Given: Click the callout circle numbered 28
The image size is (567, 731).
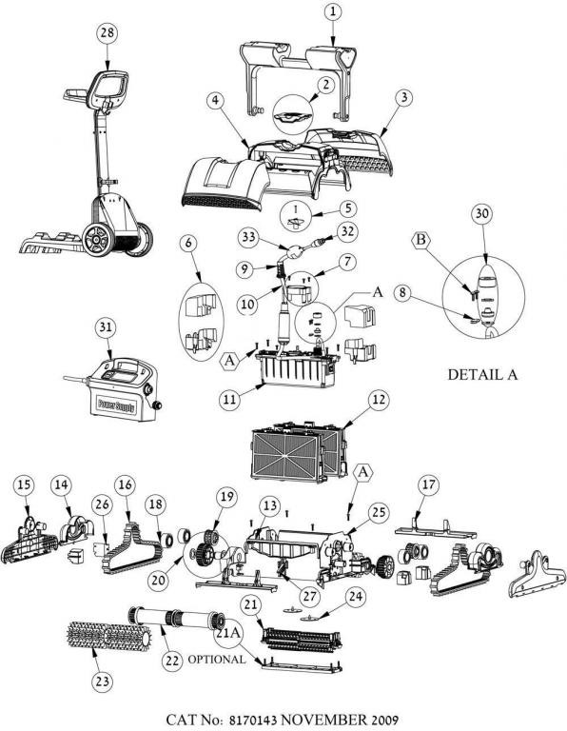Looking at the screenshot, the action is [108, 33].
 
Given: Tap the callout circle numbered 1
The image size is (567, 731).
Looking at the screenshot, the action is [332, 12].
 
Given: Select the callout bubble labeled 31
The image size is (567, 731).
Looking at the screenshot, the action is [106, 327].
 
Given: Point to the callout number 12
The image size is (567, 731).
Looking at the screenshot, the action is [379, 400].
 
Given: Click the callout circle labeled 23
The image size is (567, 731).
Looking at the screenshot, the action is [102, 682].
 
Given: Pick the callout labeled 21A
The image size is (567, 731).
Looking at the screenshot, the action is [228, 633].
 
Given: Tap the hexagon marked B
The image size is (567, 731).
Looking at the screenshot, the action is [420, 241].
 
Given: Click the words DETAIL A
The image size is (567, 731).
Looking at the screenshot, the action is [482, 374].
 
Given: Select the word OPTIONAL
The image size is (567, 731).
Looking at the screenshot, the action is [216, 660].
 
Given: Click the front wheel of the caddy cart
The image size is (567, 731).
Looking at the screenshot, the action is [98, 239].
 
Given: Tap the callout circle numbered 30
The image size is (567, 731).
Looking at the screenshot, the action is [481, 213].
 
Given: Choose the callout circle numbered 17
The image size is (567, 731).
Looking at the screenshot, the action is [429, 484].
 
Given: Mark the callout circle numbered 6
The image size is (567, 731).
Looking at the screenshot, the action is [188, 243].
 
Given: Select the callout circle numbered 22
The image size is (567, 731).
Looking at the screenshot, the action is [172, 661].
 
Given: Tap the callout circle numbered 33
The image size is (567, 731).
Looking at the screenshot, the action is [249, 237].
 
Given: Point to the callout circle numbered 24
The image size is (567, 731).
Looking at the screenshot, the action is [356, 597].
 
